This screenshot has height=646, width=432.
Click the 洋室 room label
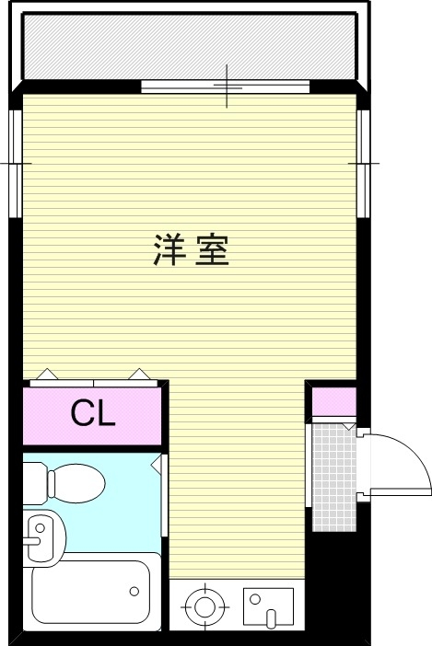[x=191, y=250]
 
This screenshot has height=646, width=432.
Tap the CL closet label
[x=93, y=415]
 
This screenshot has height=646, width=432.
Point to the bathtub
[x=89, y=593]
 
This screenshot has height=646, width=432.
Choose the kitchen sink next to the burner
[x=268, y=607]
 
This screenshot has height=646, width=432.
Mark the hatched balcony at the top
[x=190, y=48]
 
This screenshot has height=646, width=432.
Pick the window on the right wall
[x=363, y=163]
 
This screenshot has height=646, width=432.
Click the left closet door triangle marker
[x=48, y=375]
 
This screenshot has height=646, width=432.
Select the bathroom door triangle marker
[x=158, y=465]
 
